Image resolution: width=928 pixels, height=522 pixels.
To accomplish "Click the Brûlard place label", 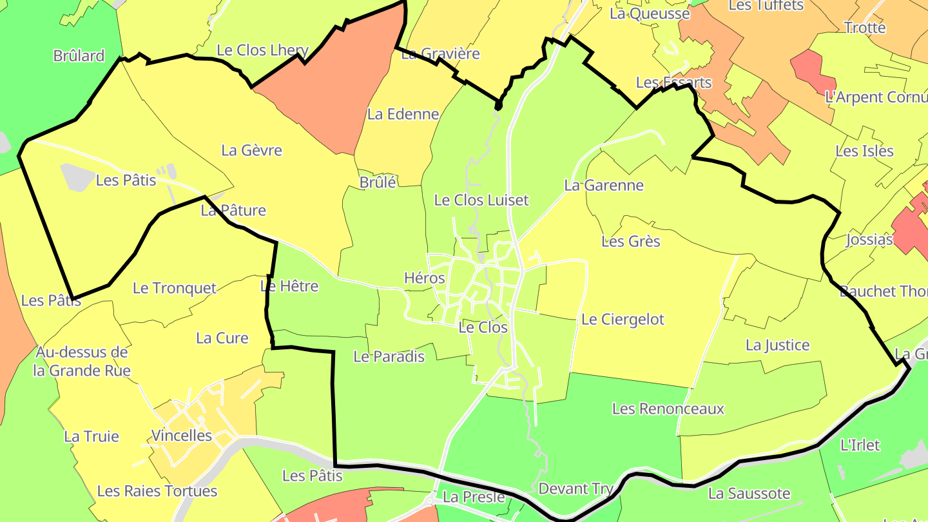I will pyautogui.click(x=79, y=56).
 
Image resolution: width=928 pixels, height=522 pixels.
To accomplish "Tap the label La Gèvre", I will pyautogui.click(x=251, y=150).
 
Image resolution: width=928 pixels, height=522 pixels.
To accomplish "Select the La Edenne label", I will pyautogui.click(x=403, y=114).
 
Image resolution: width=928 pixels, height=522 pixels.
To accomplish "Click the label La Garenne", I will pyautogui.click(x=604, y=185).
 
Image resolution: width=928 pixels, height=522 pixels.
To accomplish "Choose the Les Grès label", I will pyautogui.click(x=630, y=241).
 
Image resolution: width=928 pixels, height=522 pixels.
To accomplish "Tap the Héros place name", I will pyautogui.click(x=424, y=278).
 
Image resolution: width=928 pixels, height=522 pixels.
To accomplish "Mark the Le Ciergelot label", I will pyautogui.click(x=622, y=319).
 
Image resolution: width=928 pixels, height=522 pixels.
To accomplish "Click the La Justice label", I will pyautogui.click(x=777, y=345).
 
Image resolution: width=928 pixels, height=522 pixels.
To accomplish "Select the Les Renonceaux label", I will pyautogui.click(x=668, y=409).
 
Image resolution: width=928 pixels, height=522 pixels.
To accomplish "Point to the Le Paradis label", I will pyautogui.click(x=389, y=356).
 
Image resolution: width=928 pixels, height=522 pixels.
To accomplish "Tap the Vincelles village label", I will pyautogui.click(x=181, y=436).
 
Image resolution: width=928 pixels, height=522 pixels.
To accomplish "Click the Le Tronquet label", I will pyautogui.click(x=174, y=288).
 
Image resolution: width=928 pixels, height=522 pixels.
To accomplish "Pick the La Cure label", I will pyautogui.click(x=222, y=338).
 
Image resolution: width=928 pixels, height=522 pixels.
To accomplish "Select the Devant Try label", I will pyautogui.click(x=575, y=488).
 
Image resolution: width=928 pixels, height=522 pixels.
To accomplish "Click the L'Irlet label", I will pyautogui.click(x=860, y=445).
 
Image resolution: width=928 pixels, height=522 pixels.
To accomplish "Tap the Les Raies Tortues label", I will pyautogui.click(x=157, y=491).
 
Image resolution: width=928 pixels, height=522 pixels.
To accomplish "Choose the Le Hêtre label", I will pyautogui.click(x=289, y=285).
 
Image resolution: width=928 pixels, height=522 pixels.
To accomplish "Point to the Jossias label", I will pyautogui.click(x=869, y=240).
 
